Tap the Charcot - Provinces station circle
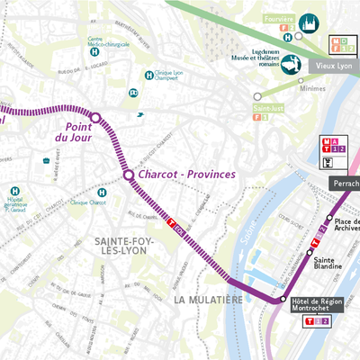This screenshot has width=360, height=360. point(129,175)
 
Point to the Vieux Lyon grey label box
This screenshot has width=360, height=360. point(334,66)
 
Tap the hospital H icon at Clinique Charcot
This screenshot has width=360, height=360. point(103,193)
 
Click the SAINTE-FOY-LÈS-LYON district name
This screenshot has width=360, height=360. point(125,248)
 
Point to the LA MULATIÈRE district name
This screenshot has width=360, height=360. point(208,298)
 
